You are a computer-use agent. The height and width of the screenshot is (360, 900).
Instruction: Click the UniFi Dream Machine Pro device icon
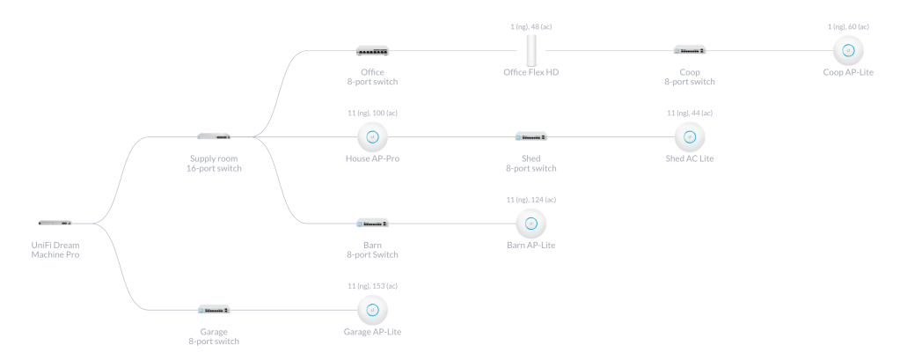point(55,223)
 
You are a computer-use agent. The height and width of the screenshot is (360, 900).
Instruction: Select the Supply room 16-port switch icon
point(214,136)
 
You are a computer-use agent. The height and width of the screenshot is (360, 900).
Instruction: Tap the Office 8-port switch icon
point(372,51)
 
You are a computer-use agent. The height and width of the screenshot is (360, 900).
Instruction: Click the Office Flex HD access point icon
point(531,50)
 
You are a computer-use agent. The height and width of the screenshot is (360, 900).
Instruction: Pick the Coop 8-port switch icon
point(690,50)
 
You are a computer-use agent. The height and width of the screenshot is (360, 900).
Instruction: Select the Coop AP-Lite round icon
point(848,50)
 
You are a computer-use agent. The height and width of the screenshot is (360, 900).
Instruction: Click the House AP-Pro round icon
point(372,136)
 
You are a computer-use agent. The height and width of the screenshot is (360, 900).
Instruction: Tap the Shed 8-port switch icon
point(531,136)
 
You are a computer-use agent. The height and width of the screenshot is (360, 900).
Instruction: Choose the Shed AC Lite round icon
point(690,136)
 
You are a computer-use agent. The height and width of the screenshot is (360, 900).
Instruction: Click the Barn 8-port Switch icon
point(372,223)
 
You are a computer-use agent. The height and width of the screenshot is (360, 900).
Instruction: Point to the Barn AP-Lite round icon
point(531,223)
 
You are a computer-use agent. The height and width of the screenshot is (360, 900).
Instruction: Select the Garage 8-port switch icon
point(214,309)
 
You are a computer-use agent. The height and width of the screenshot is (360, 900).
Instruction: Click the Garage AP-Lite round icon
point(372,309)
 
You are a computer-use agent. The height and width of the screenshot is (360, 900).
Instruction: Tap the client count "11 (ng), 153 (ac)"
point(372,286)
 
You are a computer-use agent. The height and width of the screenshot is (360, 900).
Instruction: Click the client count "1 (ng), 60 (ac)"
point(848,27)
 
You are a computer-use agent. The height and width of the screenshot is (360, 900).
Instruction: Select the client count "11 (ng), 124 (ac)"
point(531,200)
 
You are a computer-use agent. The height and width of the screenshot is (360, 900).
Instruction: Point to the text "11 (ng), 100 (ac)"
point(372,114)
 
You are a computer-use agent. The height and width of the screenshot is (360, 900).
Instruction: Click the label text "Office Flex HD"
point(531,72)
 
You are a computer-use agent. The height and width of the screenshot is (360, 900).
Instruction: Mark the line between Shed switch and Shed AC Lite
point(611,136)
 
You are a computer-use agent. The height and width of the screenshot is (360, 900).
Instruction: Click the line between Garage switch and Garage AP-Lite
point(293,309)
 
